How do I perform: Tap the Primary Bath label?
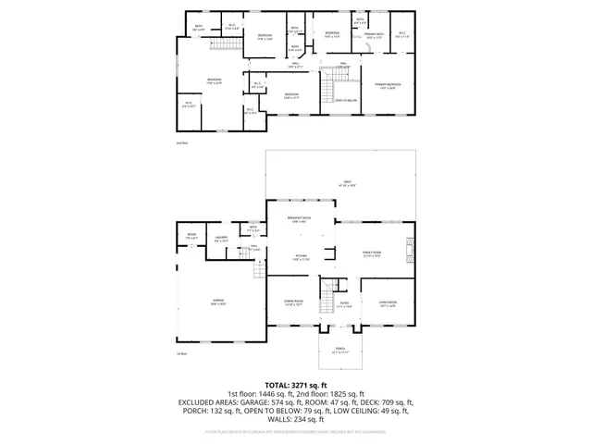coord(373,34)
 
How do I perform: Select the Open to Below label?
coord(347,99)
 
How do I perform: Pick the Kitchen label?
coord(302,257)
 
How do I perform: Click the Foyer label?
coord(343,302)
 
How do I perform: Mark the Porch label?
coord(340,349)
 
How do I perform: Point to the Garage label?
coord(219,301)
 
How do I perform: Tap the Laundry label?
coord(221,239)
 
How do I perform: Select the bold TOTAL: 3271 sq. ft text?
coord(296,385)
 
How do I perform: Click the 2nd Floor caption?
coord(182,143)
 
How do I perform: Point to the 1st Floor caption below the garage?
coord(182,353)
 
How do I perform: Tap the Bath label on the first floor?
coord(253,227)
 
